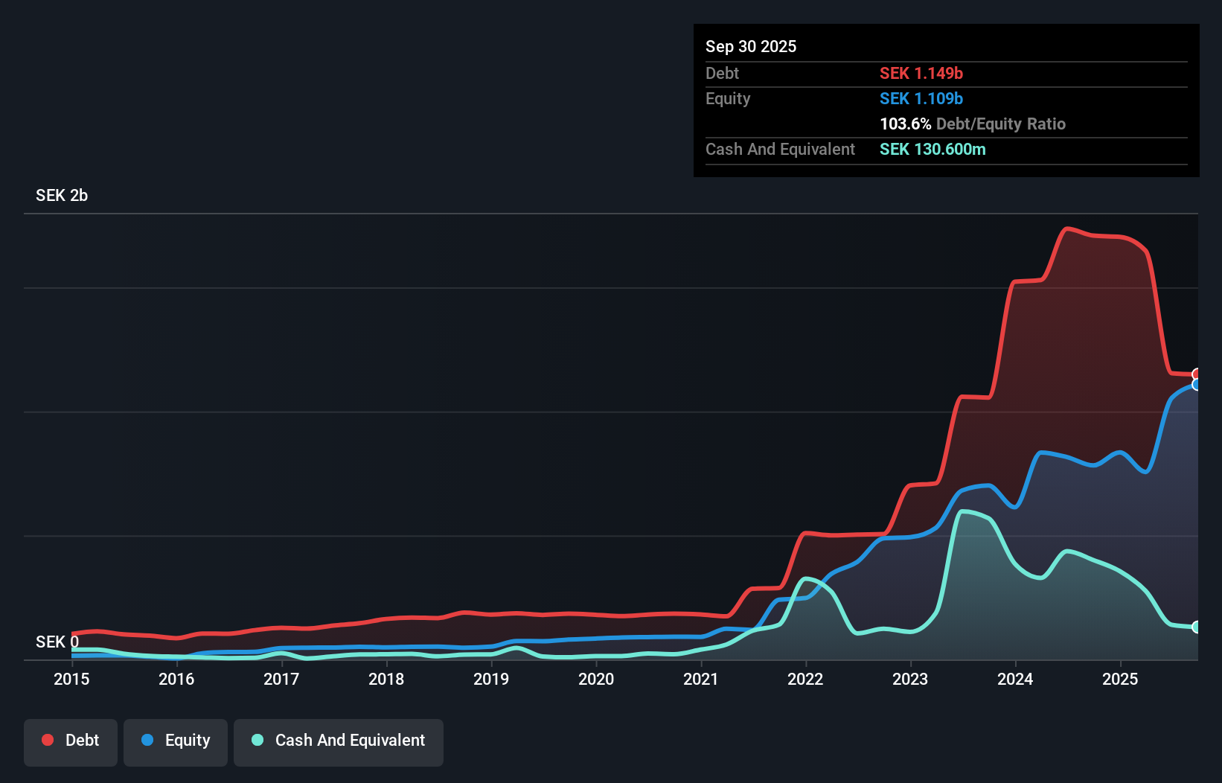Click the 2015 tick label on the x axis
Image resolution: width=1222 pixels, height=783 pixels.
click(x=71, y=679)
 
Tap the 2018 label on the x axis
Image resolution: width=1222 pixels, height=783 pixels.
click(x=386, y=679)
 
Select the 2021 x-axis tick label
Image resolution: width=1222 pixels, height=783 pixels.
click(x=701, y=679)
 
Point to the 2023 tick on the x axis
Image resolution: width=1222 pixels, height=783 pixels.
click(x=910, y=679)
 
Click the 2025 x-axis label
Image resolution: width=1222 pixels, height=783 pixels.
click(x=1120, y=679)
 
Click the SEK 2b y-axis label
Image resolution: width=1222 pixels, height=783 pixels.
click(x=62, y=195)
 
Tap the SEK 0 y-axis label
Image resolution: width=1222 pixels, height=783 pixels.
click(x=57, y=642)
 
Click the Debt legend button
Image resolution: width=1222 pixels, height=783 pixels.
click(x=71, y=741)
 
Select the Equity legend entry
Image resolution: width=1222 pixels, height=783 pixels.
click(x=176, y=741)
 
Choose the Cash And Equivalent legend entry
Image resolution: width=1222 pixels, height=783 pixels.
click(x=339, y=741)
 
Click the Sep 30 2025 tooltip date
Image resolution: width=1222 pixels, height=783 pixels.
click(x=751, y=46)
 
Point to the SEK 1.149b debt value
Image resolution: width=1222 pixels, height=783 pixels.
click(x=921, y=73)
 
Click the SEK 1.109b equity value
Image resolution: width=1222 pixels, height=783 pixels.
click(x=921, y=98)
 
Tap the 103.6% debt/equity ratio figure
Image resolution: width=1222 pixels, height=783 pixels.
click(x=906, y=124)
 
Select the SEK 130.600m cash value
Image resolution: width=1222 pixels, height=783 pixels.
click(x=933, y=149)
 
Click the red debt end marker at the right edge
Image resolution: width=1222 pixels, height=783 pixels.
click(x=1196, y=374)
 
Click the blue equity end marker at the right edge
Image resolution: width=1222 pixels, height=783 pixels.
click(x=1196, y=385)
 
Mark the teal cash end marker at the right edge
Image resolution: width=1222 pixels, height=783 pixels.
click(x=1196, y=627)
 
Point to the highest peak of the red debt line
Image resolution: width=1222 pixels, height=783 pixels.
click(x=1068, y=228)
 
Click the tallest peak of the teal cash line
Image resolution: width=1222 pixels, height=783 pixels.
click(x=964, y=511)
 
